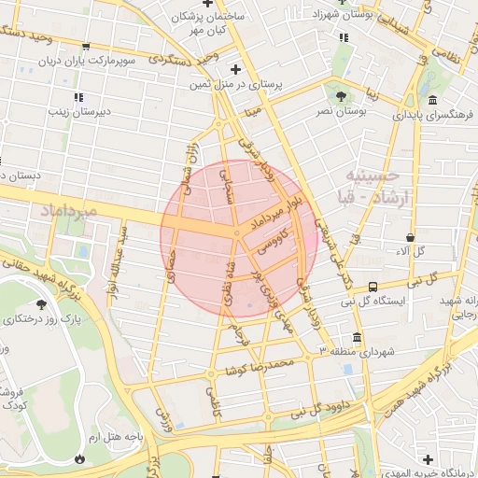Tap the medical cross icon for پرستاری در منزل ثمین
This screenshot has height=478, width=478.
(235, 69)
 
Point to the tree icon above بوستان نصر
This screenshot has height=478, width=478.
(340, 95)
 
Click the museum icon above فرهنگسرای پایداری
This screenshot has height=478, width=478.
(432, 101)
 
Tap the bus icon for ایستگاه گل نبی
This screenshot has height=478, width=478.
(373, 287)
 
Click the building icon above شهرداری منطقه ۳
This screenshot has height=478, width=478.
(357, 338)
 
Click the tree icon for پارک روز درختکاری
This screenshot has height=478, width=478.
(40, 305)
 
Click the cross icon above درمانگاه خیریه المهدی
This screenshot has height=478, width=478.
(429, 458)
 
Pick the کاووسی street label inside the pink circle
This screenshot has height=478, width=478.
(273, 246)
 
